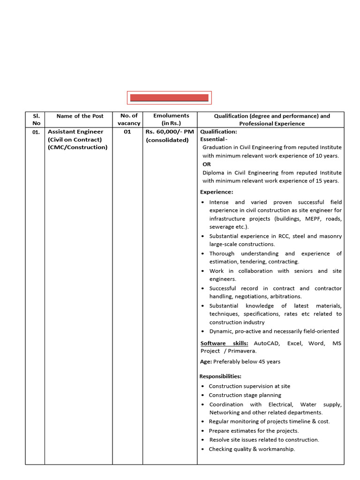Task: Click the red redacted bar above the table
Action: (x=169, y=97)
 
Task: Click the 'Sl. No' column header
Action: (x=35, y=119)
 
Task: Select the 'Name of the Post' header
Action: (x=80, y=116)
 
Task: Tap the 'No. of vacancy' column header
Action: (x=129, y=119)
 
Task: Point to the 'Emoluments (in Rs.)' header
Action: (x=171, y=119)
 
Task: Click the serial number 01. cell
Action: (x=36, y=132)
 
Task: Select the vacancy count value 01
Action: (x=127, y=132)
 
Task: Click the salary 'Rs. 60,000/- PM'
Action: (x=170, y=132)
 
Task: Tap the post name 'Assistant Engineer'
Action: (x=75, y=132)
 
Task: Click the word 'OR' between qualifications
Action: (x=207, y=164)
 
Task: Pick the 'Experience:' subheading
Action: (x=217, y=192)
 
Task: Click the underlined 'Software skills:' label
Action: (x=224, y=343)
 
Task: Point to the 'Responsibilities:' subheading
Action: (x=220, y=376)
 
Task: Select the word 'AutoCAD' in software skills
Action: (x=267, y=343)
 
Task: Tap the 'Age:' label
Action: (x=206, y=361)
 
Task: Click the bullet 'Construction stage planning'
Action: (x=245, y=395)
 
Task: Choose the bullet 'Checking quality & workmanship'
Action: (x=252, y=449)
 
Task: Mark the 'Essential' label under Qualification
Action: (x=213, y=139)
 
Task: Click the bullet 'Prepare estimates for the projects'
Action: (x=254, y=431)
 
